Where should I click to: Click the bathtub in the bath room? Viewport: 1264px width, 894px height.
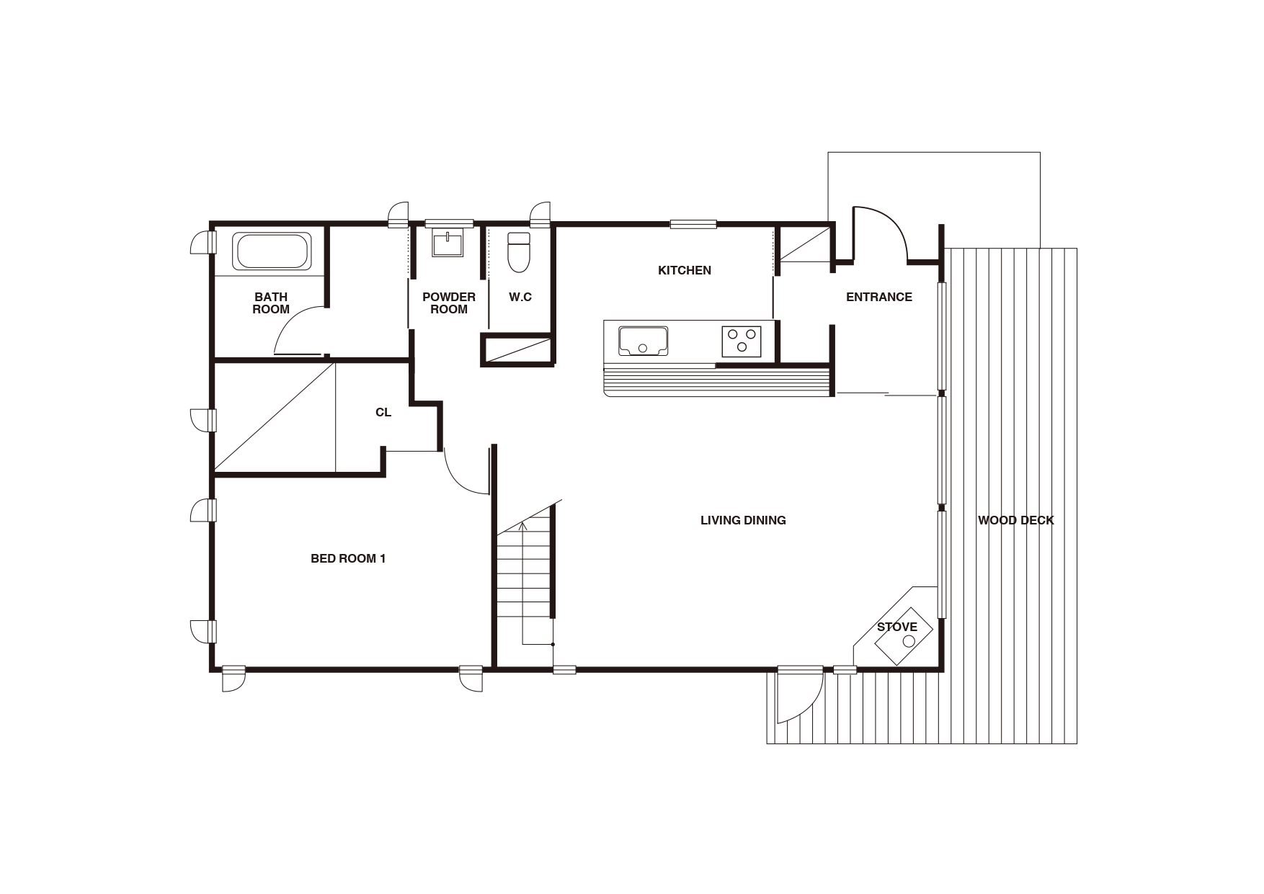click(272, 251)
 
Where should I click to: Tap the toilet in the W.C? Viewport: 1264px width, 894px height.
click(518, 251)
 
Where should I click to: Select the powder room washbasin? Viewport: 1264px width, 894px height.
click(448, 243)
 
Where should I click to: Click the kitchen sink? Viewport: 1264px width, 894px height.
click(643, 340)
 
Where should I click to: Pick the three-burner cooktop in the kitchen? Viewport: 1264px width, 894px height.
click(742, 341)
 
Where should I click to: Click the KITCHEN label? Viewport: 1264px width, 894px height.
click(685, 270)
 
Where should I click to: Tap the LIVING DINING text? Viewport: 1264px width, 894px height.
click(743, 520)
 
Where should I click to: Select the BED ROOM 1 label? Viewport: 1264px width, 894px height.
click(348, 558)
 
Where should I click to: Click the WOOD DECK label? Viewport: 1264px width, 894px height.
click(1015, 520)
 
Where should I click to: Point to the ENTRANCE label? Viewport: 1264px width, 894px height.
click(878, 297)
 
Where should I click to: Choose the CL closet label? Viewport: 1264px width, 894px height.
click(383, 412)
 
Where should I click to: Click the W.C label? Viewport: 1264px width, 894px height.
click(520, 297)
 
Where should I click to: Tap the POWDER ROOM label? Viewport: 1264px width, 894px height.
click(449, 303)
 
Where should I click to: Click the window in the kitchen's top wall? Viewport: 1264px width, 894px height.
click(693, 224)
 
